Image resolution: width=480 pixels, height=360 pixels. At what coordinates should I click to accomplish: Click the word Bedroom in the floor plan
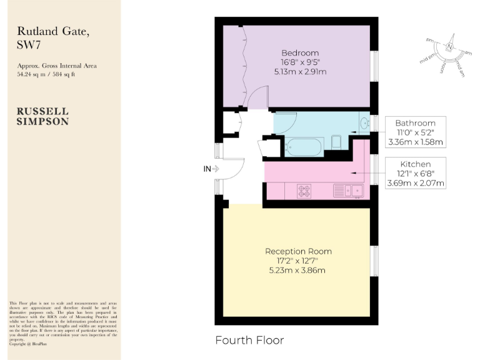pyautogui.click(x=299, y=52)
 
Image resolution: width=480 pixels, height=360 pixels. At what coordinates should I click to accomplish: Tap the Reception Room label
pyautogui.click(x=298, y=251)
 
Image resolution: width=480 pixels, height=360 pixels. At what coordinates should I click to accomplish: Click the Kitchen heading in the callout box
pyautogui.click(x=416, y=164)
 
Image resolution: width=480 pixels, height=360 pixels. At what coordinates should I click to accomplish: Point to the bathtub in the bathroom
pyautogui.click(x=303, y=147)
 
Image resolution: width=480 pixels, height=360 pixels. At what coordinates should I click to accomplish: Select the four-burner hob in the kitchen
pyautogui.click(x=304, y=191)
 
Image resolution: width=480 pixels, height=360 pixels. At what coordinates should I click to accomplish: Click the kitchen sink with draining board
pyautogui.click(x=349, y=190)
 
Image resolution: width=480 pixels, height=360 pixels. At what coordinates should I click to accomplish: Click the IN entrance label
pyautogui.click(x=207, y=168)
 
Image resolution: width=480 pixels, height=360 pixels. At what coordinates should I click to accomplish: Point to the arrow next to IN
pyautogui.click(x=216, y=168)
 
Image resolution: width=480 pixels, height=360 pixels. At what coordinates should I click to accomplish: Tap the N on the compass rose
pyautogui.click(x=449, y=47)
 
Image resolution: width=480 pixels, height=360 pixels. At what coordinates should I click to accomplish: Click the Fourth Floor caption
pyautogui.click(x=249, y=341)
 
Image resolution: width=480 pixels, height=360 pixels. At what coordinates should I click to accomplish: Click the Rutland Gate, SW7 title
pyautogui.click(x=44, y=37)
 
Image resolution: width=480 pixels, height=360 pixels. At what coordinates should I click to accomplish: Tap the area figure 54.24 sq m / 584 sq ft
pyautogui.click(x=46, y=74)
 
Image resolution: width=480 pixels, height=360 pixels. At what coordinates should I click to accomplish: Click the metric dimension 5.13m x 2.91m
pyautogui.click(x=299, y=72)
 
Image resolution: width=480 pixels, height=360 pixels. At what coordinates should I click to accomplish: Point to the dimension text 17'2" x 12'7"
pyautogui.click(x=298, y=261)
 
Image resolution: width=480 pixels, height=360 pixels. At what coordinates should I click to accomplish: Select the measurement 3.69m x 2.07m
pyautogui.click(x=416, y=183)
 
